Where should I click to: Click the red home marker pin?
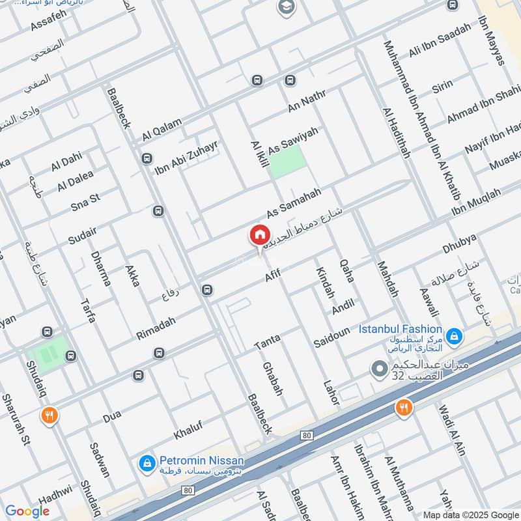coord(259,235)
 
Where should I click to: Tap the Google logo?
coord(27,511)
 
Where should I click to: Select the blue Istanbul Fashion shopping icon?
coord(456,336)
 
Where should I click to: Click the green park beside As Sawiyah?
coord(287,162)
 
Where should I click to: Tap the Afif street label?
coord(272,276)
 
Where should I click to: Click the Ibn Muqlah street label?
coord(477,203)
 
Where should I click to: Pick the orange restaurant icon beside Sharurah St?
coord(49,415)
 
